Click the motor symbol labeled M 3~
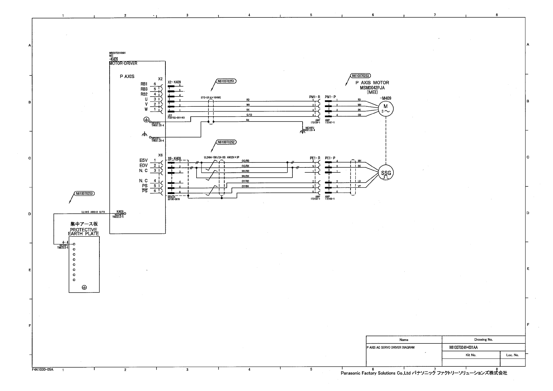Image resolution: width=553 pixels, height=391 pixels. (x=386, y=108)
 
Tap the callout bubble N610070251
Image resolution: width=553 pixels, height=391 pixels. (x=226, y=81)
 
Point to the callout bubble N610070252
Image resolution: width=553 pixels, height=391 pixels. (x=226, y=142)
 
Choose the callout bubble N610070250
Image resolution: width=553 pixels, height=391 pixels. (x=84, y=193)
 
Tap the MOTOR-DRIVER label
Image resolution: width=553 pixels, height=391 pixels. (x=123, y=63)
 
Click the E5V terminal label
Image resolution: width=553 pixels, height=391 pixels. (x=143, y=161)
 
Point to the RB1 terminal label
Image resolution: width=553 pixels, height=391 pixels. (x=144, y=84)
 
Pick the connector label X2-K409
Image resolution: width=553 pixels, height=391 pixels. (x=174, y=82)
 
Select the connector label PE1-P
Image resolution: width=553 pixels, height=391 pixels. (x=330, y=158)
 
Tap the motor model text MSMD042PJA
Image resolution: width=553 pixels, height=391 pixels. (x=372, y=88)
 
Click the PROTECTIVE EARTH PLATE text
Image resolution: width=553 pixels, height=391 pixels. (x=84, y=231)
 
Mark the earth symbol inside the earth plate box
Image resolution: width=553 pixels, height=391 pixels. (x=84, y=287)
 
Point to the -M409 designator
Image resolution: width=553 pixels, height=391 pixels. (x=385, y=98)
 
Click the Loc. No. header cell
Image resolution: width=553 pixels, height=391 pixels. (x=512, y=355)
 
